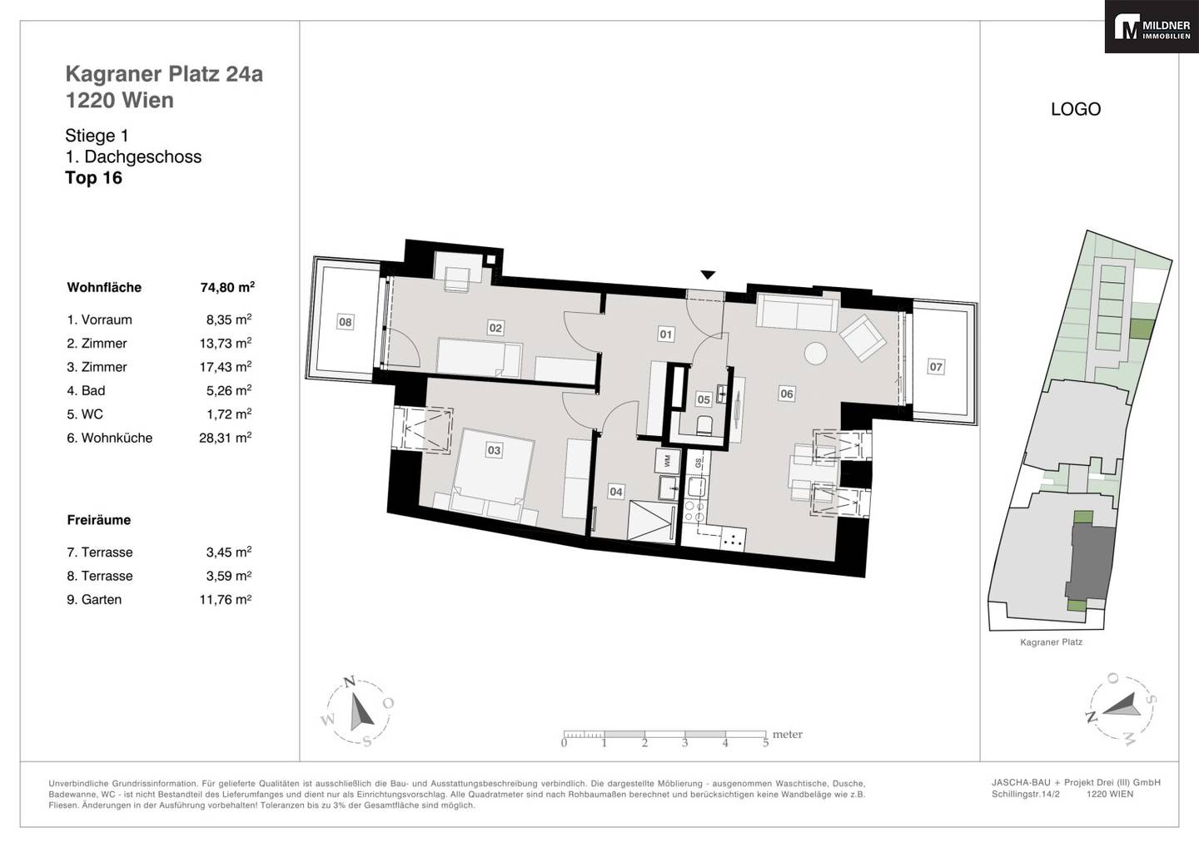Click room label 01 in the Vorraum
[x=665, y=334]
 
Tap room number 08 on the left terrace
[x=346, y=322]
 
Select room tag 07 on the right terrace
[x=936, y=367]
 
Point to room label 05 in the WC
[x=704, y=399]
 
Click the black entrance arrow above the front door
[x=708, y=275]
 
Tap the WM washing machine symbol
[x=668, y=461]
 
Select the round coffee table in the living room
[x=816, y=354]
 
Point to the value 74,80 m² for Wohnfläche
[x=227, y=287]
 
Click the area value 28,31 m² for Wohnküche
[x=226, y=438]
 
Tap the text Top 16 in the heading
[x=93, y=177]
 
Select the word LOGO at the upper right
[x=1076, y=109]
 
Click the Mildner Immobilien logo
[x=1152, y=27]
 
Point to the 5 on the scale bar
[x=766, y=743]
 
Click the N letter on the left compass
[x=349, y=681]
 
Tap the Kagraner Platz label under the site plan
[x=1052, y=642]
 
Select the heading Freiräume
[x=99, y=520]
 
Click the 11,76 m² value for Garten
[x=226, y=599]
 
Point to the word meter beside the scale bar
[x=788, y=734]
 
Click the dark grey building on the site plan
[x=1089, y=562]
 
